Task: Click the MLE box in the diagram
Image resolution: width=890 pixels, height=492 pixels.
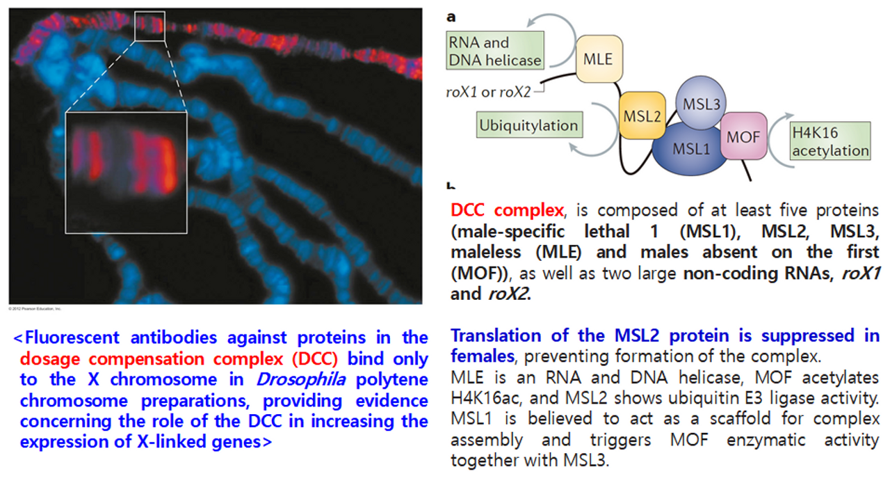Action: pos(598,59)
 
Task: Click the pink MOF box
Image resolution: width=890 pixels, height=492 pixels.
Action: pos(743,137)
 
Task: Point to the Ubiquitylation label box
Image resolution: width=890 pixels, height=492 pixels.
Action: pos(529,125)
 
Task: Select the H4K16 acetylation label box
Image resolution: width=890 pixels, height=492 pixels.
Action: pos(830,141)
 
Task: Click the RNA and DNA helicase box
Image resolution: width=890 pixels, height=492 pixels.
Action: pos(494,51)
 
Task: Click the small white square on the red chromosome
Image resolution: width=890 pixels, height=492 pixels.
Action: pos(149,26)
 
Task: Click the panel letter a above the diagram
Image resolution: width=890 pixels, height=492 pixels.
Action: pos(452,16)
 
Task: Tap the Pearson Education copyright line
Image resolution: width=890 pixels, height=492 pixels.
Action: pos(35,308)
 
